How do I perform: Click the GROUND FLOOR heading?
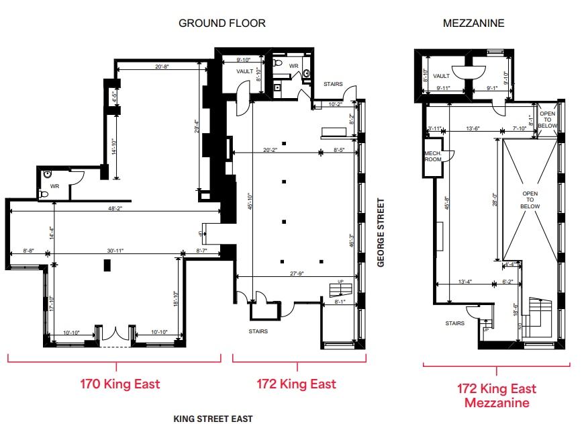pyautogui.click(x=222, y=23)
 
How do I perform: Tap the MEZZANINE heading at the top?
pyautogui.click(x=473, y=23)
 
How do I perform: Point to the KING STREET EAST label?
pyautogui.click(x=213, y=419)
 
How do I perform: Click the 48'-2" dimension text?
pyautogui.click(x=116, y=208)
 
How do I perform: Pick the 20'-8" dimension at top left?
pyautogui.click(x=161, y=67)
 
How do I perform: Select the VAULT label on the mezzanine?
pyautogui.click(x=441, y=76)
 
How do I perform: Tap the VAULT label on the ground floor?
pyautogui.click(x=244, y=71)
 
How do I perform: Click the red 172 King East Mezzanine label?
pyautogui.click(x=497, y=396)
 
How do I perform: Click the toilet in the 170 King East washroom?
pyautogui.click(x=46, y=173)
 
